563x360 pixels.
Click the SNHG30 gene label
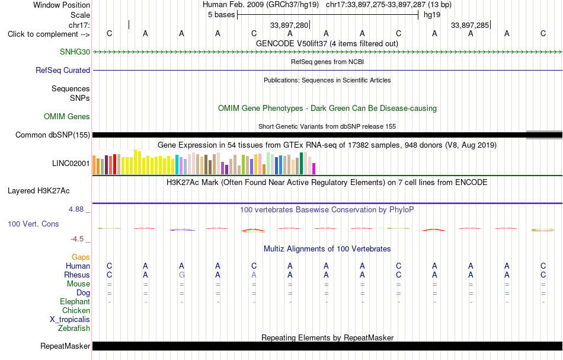pos(75,52)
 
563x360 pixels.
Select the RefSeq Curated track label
pos(62,70)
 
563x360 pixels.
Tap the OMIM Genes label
pos(66,116)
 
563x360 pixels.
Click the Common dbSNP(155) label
pos(52,135)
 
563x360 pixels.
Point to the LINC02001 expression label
pos(71,164)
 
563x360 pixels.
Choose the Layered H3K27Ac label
pos(39,191)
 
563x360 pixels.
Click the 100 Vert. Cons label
pos(33,224)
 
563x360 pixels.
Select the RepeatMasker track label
pos(65,346)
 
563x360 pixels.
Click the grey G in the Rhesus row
pos(182,275)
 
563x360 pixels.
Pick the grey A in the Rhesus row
pos(254,275)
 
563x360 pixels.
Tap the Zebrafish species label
pos(74,328)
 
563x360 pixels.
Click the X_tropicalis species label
pos(70,320)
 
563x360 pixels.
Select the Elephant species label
pos(75,301)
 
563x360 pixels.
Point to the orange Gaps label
pos(81,257)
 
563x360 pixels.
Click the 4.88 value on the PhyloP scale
pos(76,209)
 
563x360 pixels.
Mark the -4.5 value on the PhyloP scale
pos(77,239)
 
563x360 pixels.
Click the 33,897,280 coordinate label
pos(289,25)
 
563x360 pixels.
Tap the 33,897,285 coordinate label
pos(470,25)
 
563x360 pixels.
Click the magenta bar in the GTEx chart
pos(314,169)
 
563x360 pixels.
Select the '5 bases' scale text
pos(221,15)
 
